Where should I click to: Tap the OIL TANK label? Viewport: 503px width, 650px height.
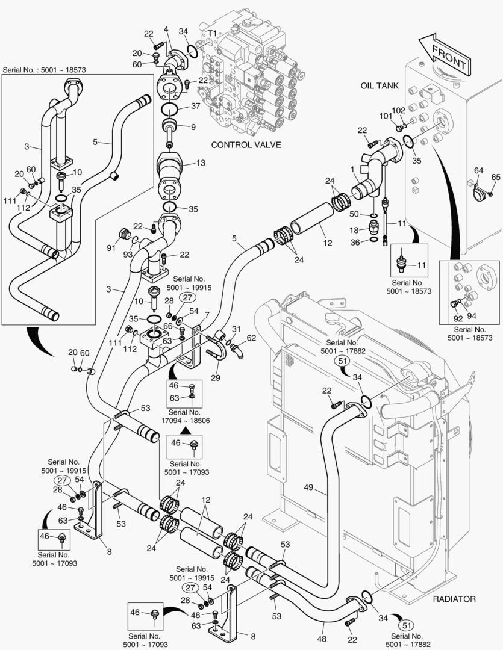click(380, 86)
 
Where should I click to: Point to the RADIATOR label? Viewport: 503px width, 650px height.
click(454, 599)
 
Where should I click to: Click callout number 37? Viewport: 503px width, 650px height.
click(196, 107)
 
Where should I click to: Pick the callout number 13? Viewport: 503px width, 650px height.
click(201, 163)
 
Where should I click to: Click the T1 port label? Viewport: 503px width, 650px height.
click(212, 32)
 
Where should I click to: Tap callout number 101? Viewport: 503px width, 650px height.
click(384, 116)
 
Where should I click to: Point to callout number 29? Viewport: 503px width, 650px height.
click(216, 377)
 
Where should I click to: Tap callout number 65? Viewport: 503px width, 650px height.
click(495, 177)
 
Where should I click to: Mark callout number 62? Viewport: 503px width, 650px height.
click(251, 338)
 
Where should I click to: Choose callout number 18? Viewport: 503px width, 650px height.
click(354, 229)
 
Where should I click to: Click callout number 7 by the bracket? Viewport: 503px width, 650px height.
click(207, 315)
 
